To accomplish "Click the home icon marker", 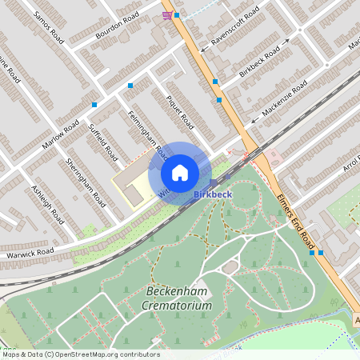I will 179,173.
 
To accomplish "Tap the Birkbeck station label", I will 214,194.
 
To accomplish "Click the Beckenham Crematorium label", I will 179,298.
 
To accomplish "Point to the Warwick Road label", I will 27,254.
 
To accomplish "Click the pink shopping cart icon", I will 166,15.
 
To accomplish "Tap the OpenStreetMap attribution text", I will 80,354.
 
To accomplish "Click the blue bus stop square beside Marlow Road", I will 94,104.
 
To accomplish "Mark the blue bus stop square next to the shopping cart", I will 177,15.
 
